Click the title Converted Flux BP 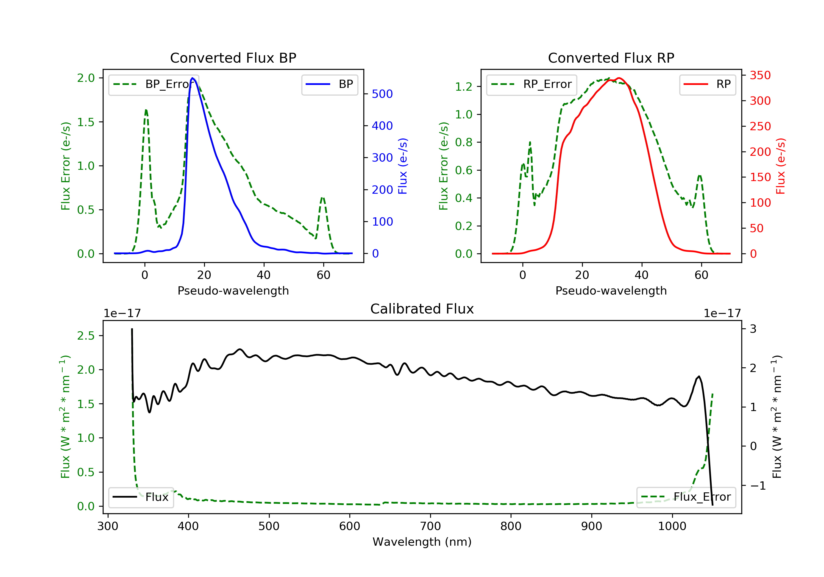(x=233, y=58)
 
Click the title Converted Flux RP (x=611, y=58)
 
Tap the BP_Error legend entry (x=154, y=84)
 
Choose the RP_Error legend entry (x=531, y=84)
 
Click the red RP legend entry (x=707, y=84)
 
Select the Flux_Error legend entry (x=686, y=497)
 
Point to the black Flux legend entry (x=141, y=497)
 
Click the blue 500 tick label (x=382, y=94)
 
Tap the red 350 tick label (x=760, y=75)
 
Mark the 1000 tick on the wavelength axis (x=672, y=526)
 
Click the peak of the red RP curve (x=619, y=78)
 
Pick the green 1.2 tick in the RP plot (x=464, y=87)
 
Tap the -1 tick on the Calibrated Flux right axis (x=758, y=486)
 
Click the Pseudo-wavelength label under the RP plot (x=611, y=290)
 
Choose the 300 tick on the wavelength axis (x=108, y=526)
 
